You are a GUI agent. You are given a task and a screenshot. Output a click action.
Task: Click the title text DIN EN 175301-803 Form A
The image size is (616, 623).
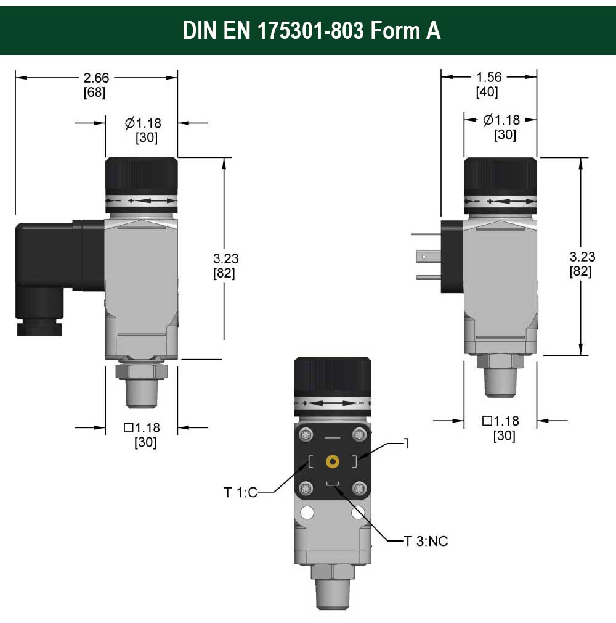click(x=312, y=31)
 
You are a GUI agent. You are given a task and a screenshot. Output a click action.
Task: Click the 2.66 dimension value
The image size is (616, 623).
click(x=96, y=78)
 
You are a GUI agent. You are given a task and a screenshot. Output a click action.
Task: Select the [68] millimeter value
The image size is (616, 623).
click(x=94, y=93)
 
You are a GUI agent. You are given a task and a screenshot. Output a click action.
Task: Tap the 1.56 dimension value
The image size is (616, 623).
click(x=489, y=77)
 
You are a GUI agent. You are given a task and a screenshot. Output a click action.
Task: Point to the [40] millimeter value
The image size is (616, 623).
click(x=487, y=92)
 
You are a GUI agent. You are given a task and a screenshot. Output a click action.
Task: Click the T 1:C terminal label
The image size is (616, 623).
click(x=240, y=492)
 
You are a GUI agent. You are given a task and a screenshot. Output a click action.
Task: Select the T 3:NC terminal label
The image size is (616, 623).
click(x=426, y=541)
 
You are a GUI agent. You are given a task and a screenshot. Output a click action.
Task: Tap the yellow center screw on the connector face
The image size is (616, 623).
click(x=332, y=461)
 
